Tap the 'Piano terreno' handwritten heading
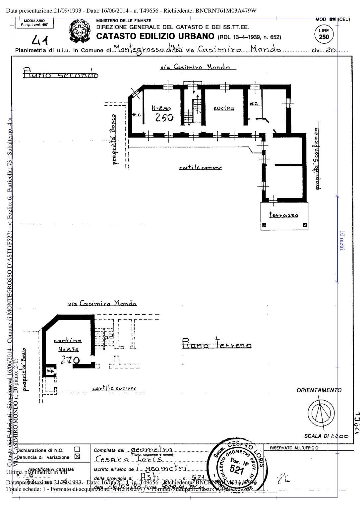217,344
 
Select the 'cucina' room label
224,108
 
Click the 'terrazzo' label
283,215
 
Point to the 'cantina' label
68,341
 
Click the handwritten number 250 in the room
164,117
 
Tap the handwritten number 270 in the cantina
70,360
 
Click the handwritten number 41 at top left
40,41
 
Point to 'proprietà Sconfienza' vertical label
317,158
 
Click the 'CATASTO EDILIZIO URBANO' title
155,36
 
